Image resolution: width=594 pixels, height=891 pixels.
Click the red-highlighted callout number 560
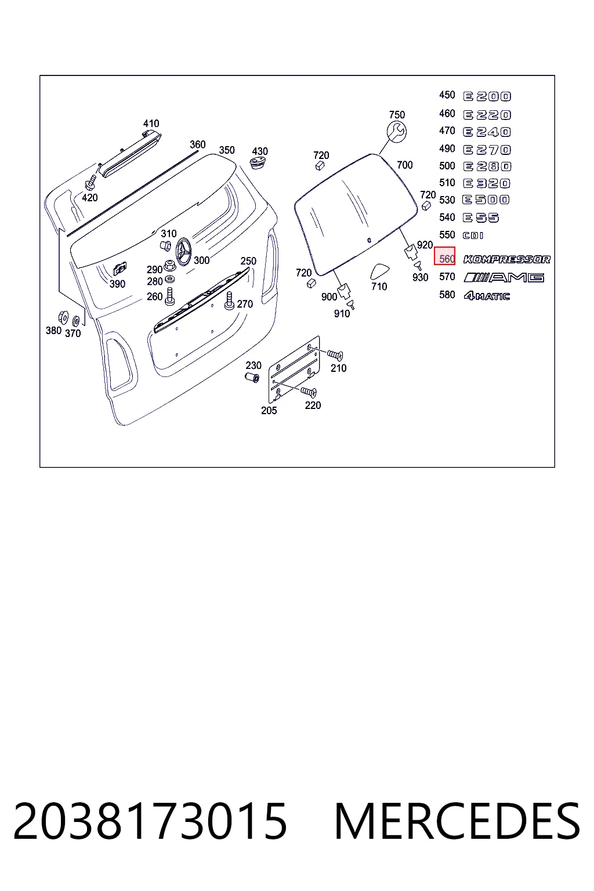point(447,259)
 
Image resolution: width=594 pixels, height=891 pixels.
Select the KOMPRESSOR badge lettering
point(507,259)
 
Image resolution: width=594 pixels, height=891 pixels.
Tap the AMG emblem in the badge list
point(504,277)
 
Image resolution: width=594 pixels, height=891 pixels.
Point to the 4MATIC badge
point(487,295)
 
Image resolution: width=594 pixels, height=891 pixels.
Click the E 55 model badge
point(481,218)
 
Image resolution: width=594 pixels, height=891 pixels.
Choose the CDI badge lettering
point(473,236)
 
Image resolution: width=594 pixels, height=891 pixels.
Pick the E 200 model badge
point(487,96)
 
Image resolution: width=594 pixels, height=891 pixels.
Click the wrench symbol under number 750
point(397,132)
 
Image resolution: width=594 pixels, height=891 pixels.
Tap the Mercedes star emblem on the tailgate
point(183,252)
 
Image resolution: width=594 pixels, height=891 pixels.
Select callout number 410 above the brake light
point(151,124)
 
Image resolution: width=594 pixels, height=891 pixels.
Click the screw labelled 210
point(335,355)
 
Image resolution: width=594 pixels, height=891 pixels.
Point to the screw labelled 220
point(309,392)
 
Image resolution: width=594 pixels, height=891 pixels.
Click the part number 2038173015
point(150,821)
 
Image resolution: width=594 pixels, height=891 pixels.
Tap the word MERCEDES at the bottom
point(457,821)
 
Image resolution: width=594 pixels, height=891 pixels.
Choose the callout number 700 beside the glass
point(405,165)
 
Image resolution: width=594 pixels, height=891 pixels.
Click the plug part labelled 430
point(258,163)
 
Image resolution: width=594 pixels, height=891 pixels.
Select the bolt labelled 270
point(229,300)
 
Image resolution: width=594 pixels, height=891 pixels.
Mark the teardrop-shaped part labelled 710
point(379,270)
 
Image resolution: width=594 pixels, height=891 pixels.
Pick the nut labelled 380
point(63,317)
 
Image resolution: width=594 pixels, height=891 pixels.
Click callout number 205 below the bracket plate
point(269,410)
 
